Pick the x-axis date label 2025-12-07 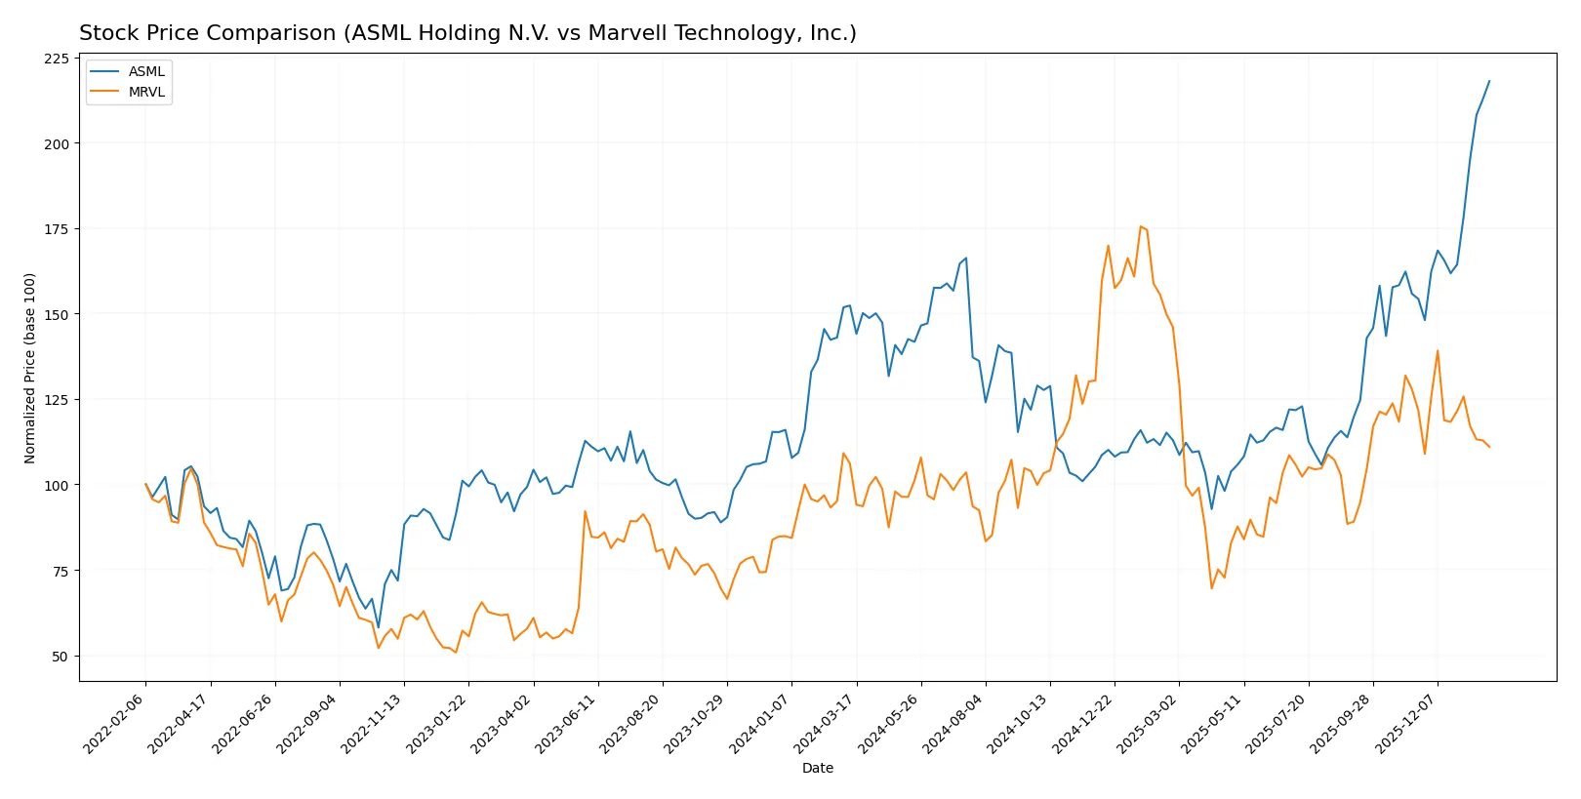coord(1406,723)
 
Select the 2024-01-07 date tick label coord(760,723)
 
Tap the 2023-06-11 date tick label coord(566,723)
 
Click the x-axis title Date coord(817,768)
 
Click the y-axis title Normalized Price coord(30,368)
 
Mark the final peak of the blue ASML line coord(1489,81)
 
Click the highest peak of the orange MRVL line coord(1140,226)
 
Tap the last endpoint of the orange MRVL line coord(1489,447)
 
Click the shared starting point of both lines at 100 coord(146,485)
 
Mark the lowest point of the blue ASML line coord(379,627)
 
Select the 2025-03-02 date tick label coord(1148,723)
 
